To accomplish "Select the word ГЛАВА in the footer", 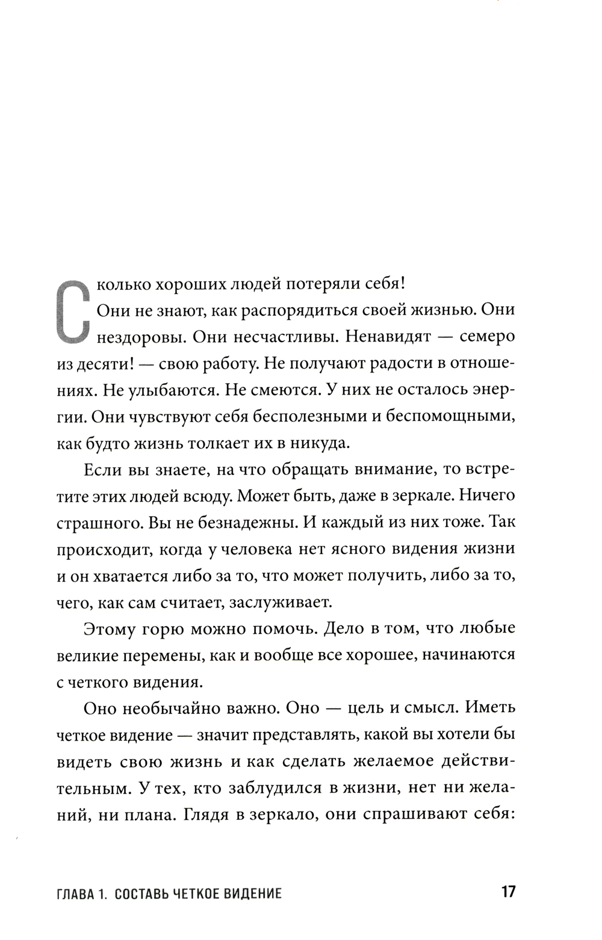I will pyautogui.click(x=74, y=893).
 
